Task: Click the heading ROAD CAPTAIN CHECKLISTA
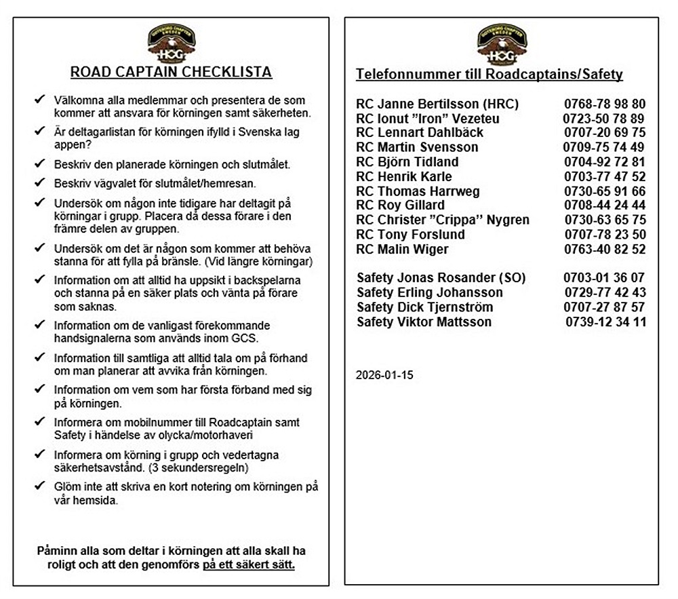(x=172, y=73)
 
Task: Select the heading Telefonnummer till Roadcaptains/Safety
(x=490, y=75)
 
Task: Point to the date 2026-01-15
(x=384, y=374)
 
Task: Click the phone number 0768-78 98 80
(x=604, y=104)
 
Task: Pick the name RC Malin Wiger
(x=402, y=250)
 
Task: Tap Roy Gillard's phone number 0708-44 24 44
(x=604, y=206)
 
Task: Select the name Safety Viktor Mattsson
(x=424, y=322)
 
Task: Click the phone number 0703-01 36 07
(x=604, y=278)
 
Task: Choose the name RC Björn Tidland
(x=407, y=162)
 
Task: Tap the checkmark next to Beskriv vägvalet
(x=39, y=182)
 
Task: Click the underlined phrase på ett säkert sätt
(x=249, y=564)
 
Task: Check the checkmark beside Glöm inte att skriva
(x=39, y=486)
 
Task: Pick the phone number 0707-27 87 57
(x=604, y=307)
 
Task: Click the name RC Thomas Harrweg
(x=418, y=191)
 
